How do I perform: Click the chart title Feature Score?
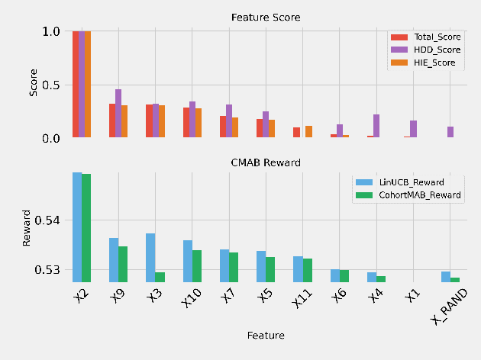click(265, 17)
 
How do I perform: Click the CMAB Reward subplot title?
click(265, 162)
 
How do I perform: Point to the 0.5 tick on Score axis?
click(50, 85)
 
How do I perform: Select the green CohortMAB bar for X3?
click(160, 277)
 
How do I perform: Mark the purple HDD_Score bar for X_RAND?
click(450, 132)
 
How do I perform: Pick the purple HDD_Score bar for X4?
click(376, 126)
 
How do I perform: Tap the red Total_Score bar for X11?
click(296, 133)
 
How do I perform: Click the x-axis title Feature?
click(265, 335)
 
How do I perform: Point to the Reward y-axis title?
click(27, 228)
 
